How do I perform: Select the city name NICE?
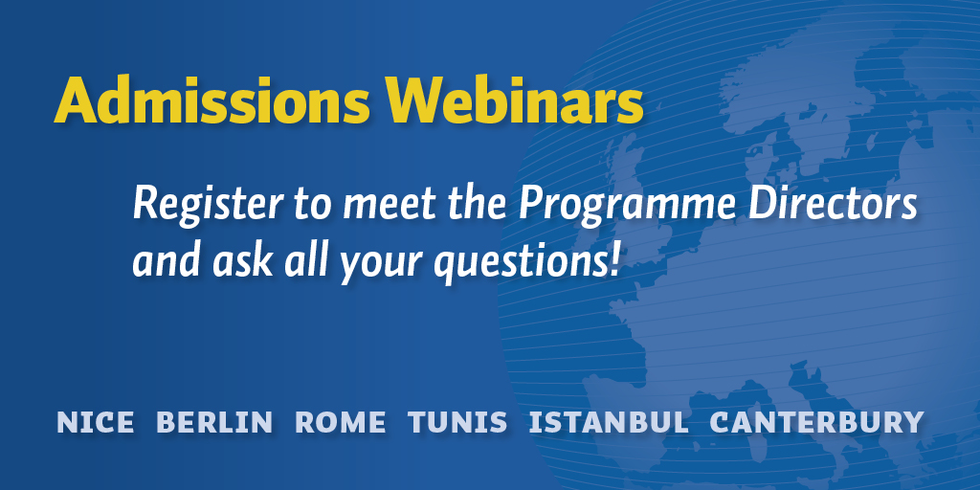pos(95,422)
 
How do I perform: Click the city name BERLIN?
pos(214,422)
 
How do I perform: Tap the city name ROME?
pos(340,422)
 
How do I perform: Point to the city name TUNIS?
pos(457,422)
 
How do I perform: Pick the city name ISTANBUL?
pos(609,422)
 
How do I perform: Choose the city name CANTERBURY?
pos(817,422)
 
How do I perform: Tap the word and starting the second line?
pos(167,261)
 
